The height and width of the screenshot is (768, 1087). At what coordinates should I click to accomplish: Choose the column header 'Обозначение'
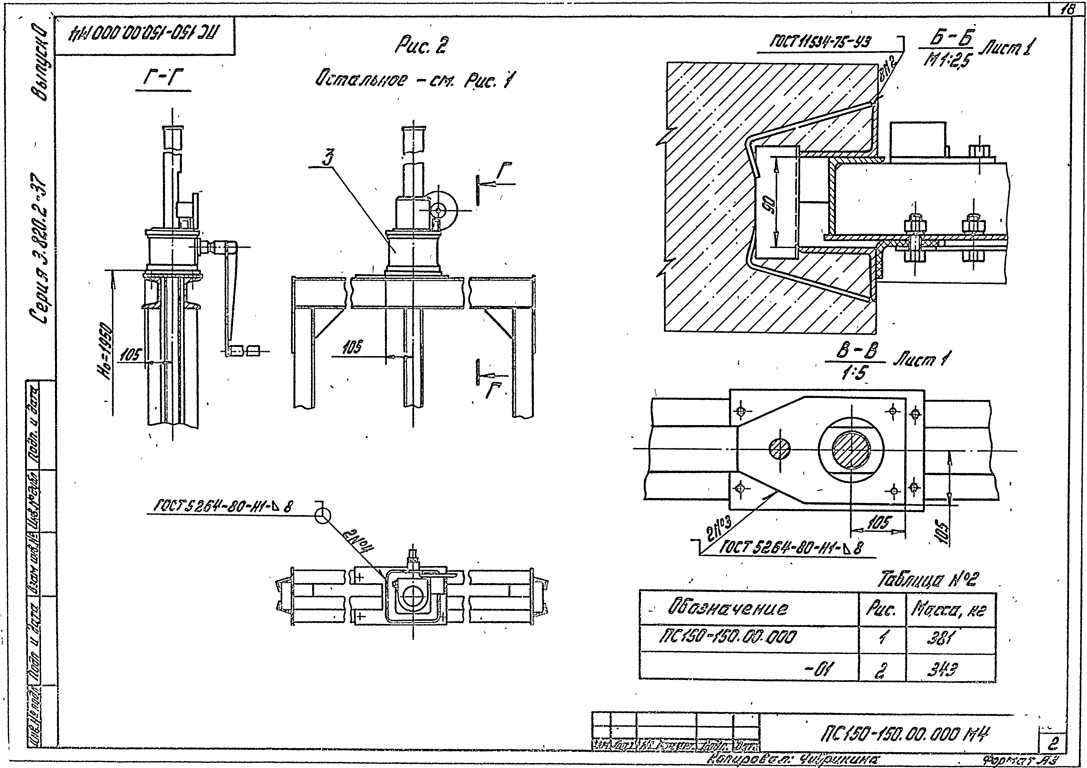click(728, 608)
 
